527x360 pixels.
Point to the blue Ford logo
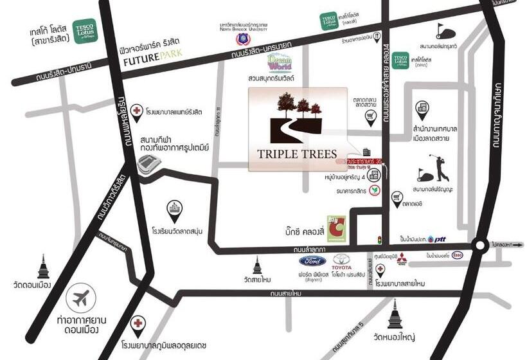tap(312, 262)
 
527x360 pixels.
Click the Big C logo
tap(337, 229)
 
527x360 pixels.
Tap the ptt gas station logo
tap(437, 239)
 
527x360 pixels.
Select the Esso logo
tap(457, 255)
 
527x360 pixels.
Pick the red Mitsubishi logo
tap(401, 260)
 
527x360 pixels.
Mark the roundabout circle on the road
tap(479, 245)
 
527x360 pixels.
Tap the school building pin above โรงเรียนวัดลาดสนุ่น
tap(174, 208)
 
